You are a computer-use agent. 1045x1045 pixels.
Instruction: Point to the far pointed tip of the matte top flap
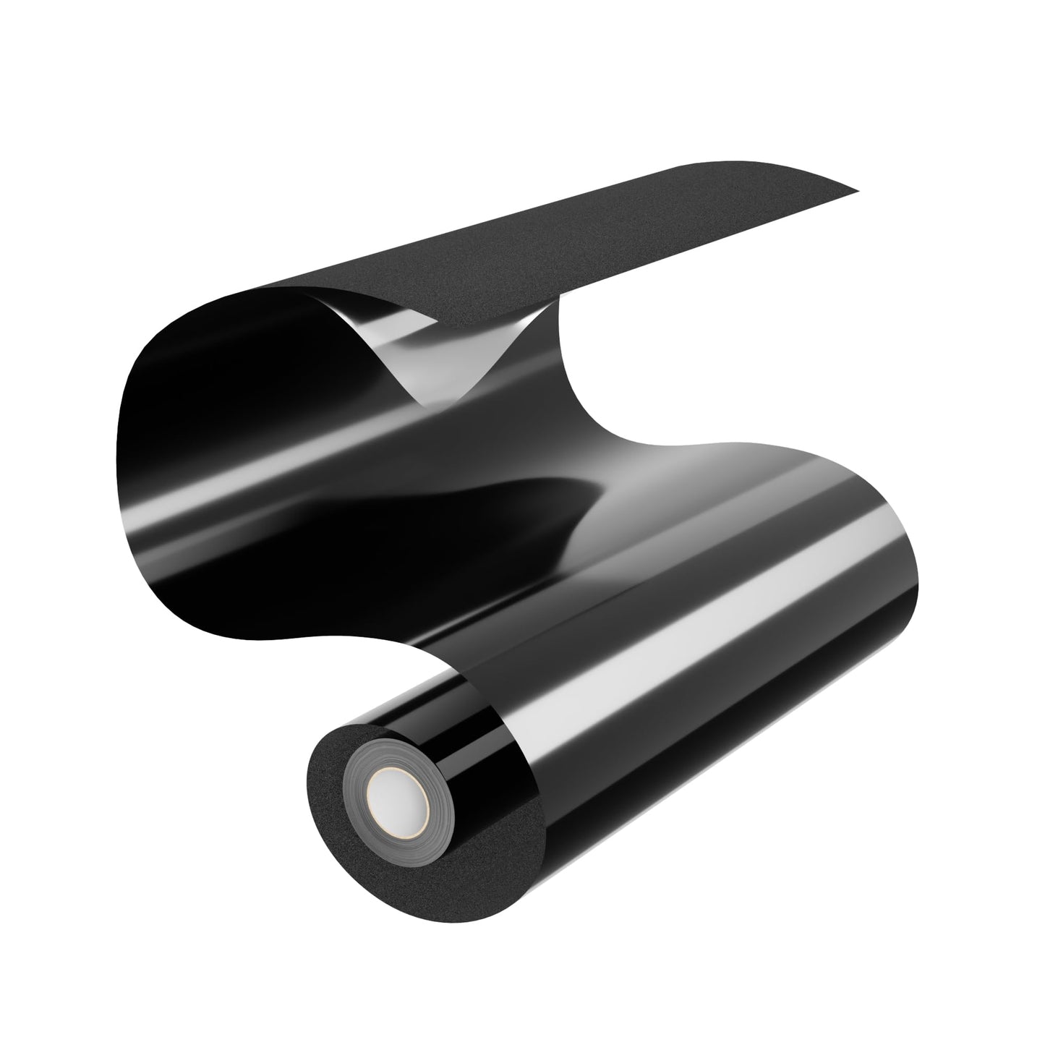pos(858,192)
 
